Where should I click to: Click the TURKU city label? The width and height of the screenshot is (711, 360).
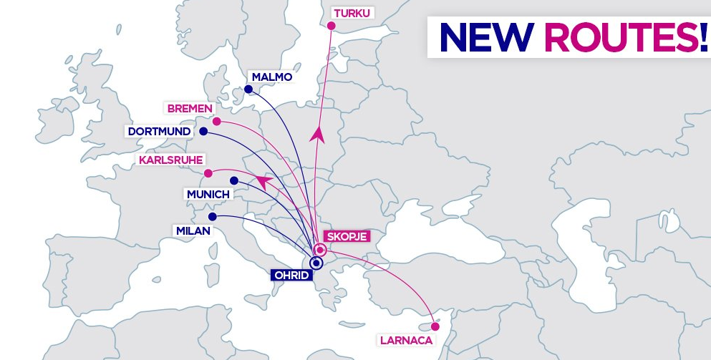pos(352,13)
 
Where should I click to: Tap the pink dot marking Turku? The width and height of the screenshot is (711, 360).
pos(332,26)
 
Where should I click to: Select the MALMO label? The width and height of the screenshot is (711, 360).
pos(272,77)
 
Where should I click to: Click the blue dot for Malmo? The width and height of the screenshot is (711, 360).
pos(248,89)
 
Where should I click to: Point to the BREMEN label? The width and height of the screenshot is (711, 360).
pos(190,109)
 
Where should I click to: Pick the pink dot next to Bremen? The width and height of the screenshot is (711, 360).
pos(217,122)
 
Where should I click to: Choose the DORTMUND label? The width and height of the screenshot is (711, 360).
pos(160,132)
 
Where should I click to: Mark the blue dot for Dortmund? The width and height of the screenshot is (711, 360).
pos(203,132)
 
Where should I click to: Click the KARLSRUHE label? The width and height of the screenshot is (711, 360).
pos(171,160)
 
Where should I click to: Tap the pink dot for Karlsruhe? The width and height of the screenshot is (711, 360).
pos(208,173)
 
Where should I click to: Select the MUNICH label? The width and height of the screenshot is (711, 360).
pos(208,195)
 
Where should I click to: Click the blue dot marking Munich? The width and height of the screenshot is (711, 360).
pos(234,181)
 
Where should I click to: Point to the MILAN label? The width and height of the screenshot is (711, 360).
pos(193,230)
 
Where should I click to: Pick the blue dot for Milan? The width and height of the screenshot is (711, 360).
pos(213,217)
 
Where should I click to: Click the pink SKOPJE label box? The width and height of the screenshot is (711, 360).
pos(347,236)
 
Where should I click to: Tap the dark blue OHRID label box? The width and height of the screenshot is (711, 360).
pos(292,275)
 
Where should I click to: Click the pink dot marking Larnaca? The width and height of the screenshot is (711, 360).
pos(435,326)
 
